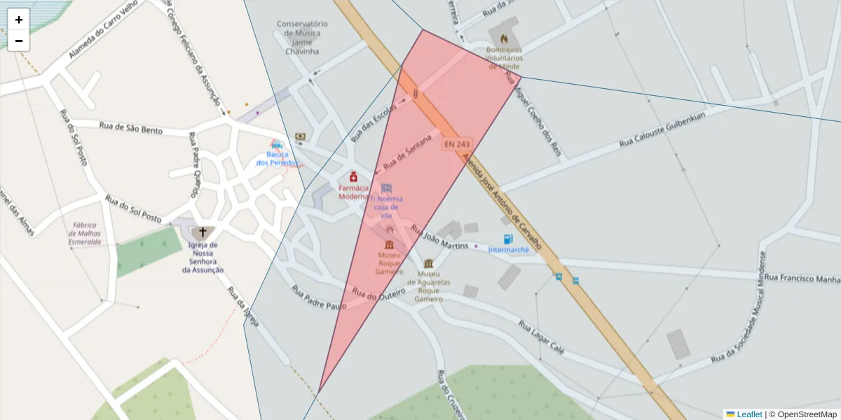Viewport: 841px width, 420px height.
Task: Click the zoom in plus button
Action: (19, 20)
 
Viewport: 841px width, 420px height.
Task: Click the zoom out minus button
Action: (19, 41)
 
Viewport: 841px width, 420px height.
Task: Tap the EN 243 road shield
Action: (456, 144)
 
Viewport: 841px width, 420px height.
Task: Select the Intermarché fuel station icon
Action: (508, 239)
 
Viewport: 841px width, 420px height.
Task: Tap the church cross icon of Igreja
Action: (203, 232)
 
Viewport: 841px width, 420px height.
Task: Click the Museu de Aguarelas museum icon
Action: (428, 263)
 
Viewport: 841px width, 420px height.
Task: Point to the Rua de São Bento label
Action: (131, 128)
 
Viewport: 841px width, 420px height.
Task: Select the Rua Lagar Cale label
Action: (541, 337)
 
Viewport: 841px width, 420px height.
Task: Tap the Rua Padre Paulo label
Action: (319, 297)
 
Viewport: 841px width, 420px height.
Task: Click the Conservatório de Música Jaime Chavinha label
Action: (302, 37)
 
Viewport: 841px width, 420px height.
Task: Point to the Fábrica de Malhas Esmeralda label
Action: (85, 234)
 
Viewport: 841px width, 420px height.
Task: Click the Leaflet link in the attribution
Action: (749, 414)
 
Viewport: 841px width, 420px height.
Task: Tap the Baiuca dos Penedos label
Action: (277, 158)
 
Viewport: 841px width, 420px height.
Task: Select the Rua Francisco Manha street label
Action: (802, 279)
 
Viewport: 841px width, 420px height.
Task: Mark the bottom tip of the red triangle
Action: (319, 393)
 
